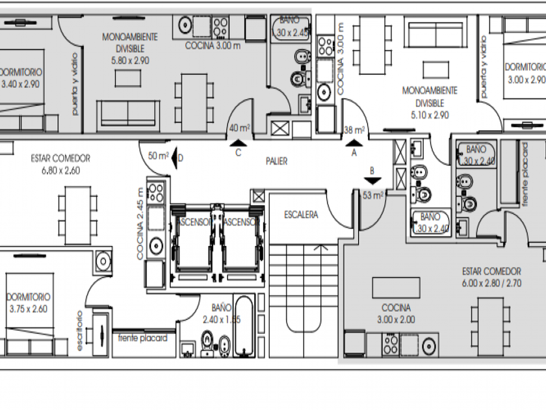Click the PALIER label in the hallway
[x=276, y=161]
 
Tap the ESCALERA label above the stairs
[x=301, y=214]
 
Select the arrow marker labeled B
[x=372, y=182]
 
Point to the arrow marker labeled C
[x=239, y=143]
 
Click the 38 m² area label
[x=354, y=130]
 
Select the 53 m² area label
[x=372, y=195]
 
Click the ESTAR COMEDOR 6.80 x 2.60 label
[x=60, y=164]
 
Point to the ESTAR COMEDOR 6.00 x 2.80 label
[x=491, y=277]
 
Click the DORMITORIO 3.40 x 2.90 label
[x=21, y=77]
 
